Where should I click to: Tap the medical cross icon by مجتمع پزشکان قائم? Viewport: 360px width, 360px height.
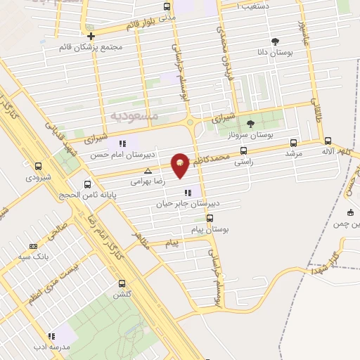coord(91,36)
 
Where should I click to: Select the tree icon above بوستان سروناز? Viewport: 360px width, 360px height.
coord(251,124)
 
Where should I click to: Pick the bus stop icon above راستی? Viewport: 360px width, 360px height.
coord(244,150)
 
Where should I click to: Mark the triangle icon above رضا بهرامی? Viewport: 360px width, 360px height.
coord(148,171)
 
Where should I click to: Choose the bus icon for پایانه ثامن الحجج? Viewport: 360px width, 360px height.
coord(87,184)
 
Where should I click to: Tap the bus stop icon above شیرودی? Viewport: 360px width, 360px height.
coord(39,167)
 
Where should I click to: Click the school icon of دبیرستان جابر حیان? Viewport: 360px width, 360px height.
coord(187,193)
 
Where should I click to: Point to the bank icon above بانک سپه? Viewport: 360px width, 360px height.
coord(33,246)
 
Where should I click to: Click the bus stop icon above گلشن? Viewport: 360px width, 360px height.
coord(122,284)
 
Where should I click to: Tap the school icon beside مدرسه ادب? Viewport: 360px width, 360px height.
coord(51,337)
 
